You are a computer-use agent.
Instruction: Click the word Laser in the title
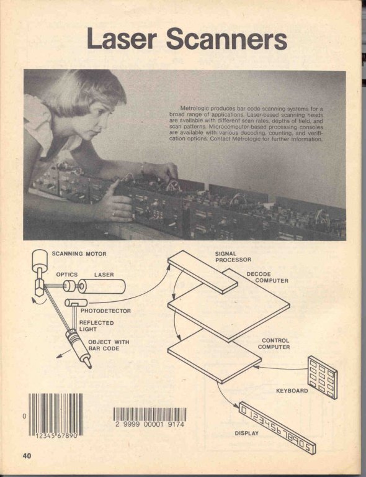click(x=122, y=39)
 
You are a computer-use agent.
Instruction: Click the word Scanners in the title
click(x=226, y=39)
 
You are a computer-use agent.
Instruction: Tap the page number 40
click(x=27, y=455)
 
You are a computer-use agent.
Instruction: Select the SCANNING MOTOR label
click(x=79, y=253)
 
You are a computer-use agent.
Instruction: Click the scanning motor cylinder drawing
click(x=40, y=260)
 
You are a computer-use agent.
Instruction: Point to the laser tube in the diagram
click(x=102, y=286)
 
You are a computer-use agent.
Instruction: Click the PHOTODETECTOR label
click(x=105, y=311)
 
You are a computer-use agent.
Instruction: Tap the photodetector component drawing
click(x=76, y=302)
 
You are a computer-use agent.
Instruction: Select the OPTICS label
click(x=67, y=275)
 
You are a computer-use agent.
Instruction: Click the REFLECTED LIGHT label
click(x=96, y=326)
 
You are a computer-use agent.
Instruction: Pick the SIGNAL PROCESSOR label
click(x=233, y=257)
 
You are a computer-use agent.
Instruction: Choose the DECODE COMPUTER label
click(x=267, y=277)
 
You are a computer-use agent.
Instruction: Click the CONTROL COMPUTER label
click(x=274, y=343)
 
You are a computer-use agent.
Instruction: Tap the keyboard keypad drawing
click(x=322, y=377)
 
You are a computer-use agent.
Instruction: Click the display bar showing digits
click(x=277, y=428)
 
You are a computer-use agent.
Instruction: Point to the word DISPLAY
click(x=247, y=433)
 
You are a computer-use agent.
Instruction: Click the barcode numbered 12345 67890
click(x=56, y=414)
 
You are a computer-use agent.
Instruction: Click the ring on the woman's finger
click(x=114, y=214)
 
